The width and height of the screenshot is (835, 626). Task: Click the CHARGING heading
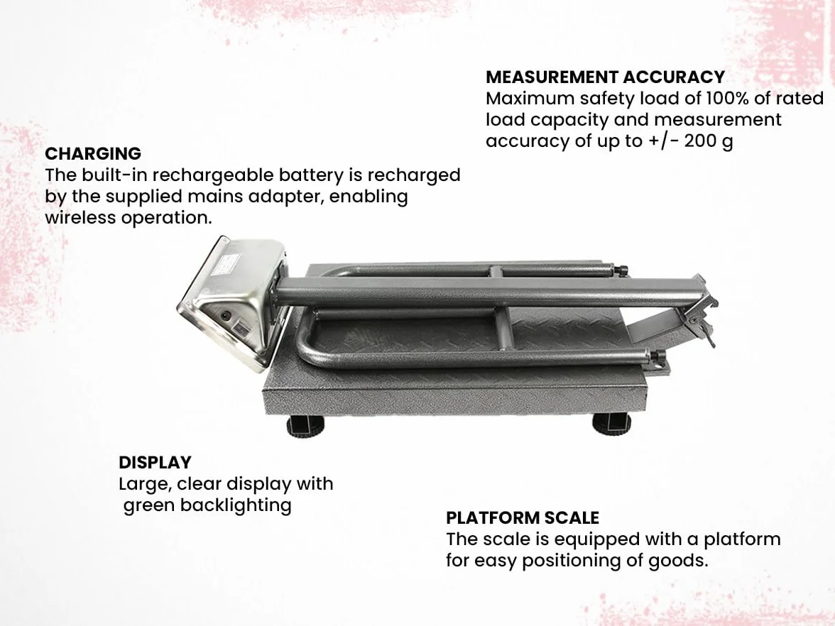pos(92,154)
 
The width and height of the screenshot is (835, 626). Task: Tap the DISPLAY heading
pos(155,463)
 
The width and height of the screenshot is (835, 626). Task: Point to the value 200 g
pos(709,142)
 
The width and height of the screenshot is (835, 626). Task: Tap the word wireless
pos(80,218)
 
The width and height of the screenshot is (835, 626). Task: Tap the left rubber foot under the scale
pos(305,426)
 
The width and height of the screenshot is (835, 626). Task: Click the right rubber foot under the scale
pos(611,425)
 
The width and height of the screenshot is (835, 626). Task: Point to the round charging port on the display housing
pos(227,316)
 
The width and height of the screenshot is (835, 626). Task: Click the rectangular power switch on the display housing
pos(241,329)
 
